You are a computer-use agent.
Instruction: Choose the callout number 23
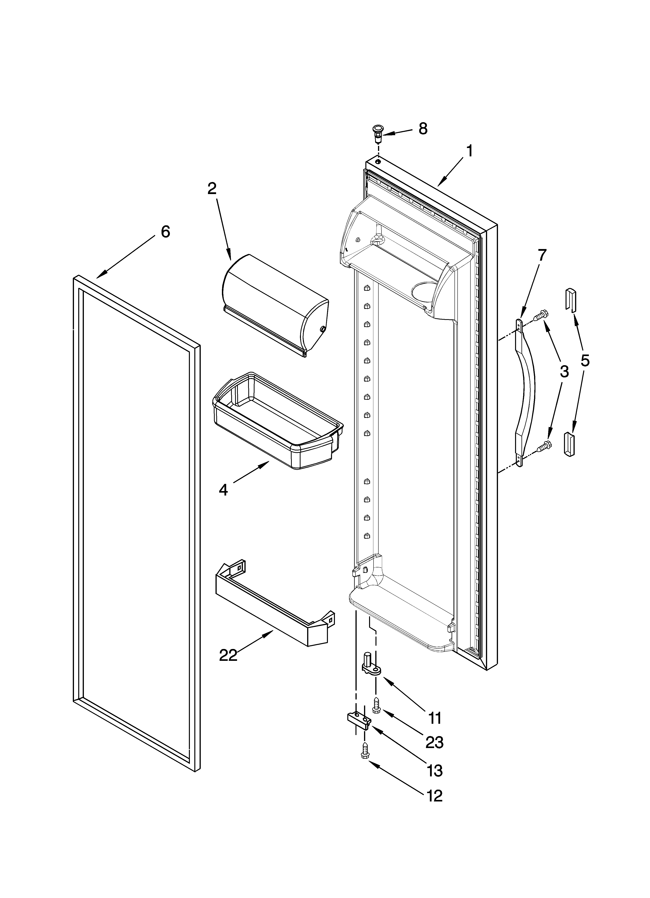[434, 742]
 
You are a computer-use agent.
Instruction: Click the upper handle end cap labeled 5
[570, 300]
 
